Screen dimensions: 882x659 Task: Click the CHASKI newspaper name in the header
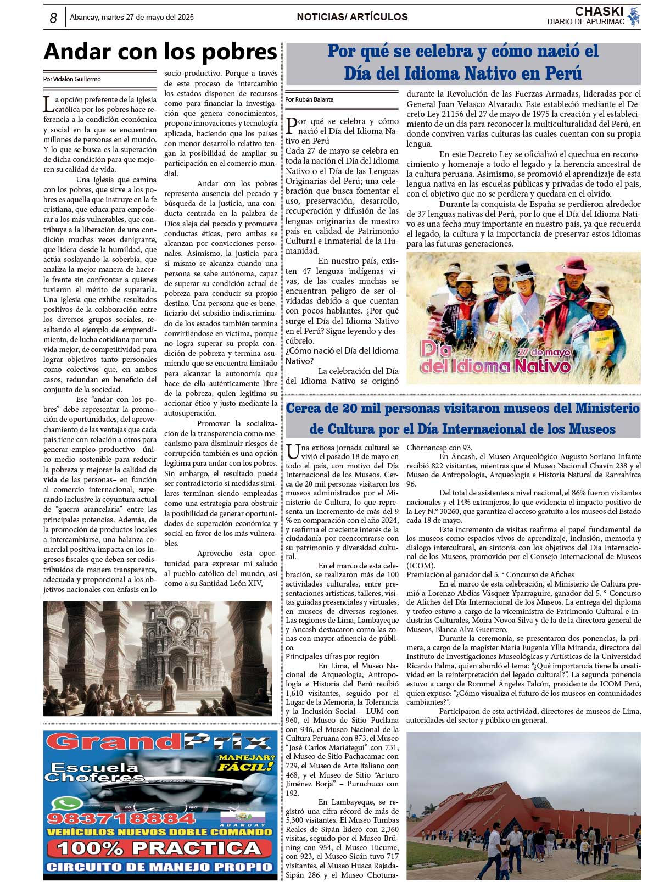coord(599,12)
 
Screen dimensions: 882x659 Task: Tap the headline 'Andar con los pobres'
coord(160,52)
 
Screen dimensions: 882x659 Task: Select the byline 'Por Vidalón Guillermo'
coord(72,79)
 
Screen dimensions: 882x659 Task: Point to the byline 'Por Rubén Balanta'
coord(309,99)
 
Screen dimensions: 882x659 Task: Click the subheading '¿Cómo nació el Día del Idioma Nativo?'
coord(342,356)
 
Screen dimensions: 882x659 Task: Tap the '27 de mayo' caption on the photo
coord(544,352)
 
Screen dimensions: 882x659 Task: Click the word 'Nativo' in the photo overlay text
coord(535,366)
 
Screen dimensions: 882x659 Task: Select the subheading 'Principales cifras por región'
coord(332,656)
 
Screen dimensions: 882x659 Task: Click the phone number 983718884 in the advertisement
coord(121,819)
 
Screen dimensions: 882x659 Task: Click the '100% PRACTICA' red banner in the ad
coord(159,848)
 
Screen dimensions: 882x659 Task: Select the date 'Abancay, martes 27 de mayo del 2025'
coord(132,18)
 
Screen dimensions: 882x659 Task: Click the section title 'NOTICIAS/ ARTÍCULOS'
coord(352,17)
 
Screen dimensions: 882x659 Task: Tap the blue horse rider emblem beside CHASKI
coord(634,16)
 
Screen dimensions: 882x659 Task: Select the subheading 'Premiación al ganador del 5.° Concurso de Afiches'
coord(490,574)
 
